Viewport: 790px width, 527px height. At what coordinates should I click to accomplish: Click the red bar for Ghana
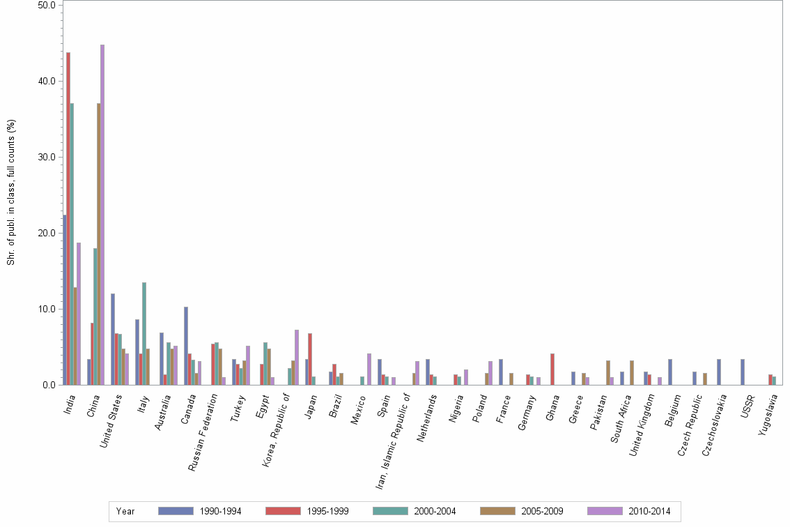pyautogui.click(x=552, y=369)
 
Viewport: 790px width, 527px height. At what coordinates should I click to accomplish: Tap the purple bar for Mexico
pyautogui.click(x=369, y=369)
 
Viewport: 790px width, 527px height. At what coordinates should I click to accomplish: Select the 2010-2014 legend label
pyautogui.click(x=649, y=512)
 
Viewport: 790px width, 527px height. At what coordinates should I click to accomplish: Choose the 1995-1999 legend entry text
pyautogui.click(x=327, y=512)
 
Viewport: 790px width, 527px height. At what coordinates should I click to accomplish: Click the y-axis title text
pyautogui.click(x=10, y=192)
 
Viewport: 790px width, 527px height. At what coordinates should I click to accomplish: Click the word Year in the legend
pyautogui.click(x=125, y=512)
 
